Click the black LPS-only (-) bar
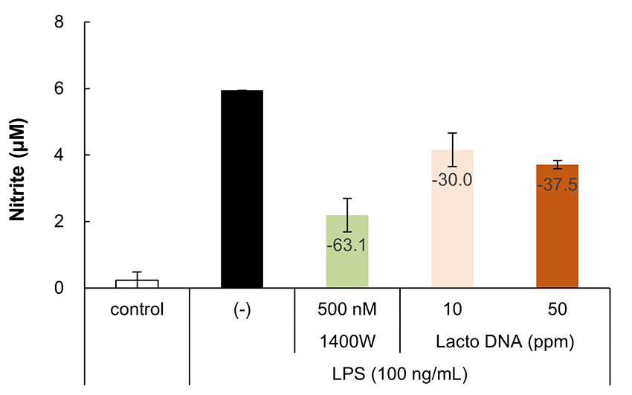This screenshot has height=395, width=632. point(242,189)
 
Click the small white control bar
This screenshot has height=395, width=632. point(137,283)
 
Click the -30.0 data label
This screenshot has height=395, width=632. point(452,179)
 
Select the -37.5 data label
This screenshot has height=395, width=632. point(557,184)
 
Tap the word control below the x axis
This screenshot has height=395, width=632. point(137,309)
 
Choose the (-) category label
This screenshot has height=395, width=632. point(242,309)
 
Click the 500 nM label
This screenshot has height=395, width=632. point(347,309)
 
